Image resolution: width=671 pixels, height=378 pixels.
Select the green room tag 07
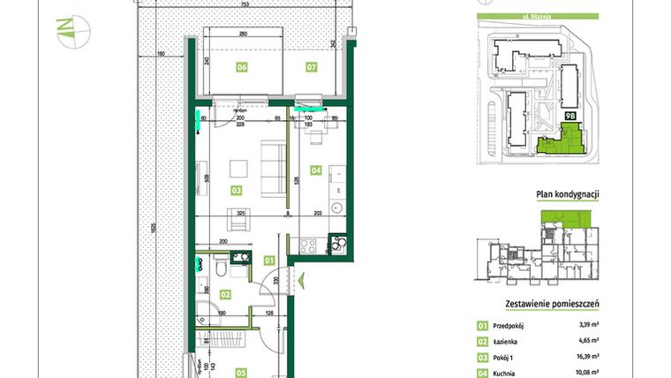click(311, 67)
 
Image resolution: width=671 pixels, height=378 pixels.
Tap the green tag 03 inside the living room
click(237, 190)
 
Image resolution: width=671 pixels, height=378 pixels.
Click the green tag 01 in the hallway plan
click(269, 260)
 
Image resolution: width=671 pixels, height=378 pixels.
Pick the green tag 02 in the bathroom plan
click(225, 295)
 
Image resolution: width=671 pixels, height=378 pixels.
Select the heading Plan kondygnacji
click(569, 195)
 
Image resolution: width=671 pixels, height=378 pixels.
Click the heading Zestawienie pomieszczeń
click(552, 305)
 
